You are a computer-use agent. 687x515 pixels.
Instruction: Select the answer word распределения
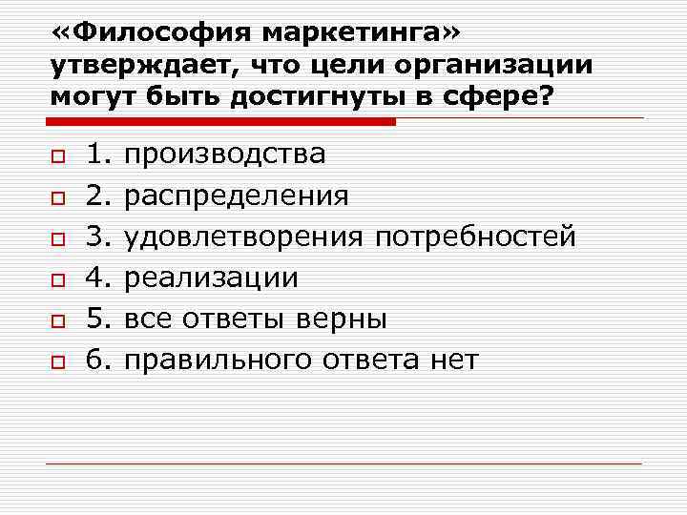tap(237, 196)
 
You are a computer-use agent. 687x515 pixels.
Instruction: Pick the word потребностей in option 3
tap(474, 237)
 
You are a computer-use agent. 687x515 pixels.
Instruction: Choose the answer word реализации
tap(212, 278)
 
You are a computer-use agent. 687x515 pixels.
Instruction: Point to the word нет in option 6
tap(456, 360)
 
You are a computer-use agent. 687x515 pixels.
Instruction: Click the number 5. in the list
tap(99, 319)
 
